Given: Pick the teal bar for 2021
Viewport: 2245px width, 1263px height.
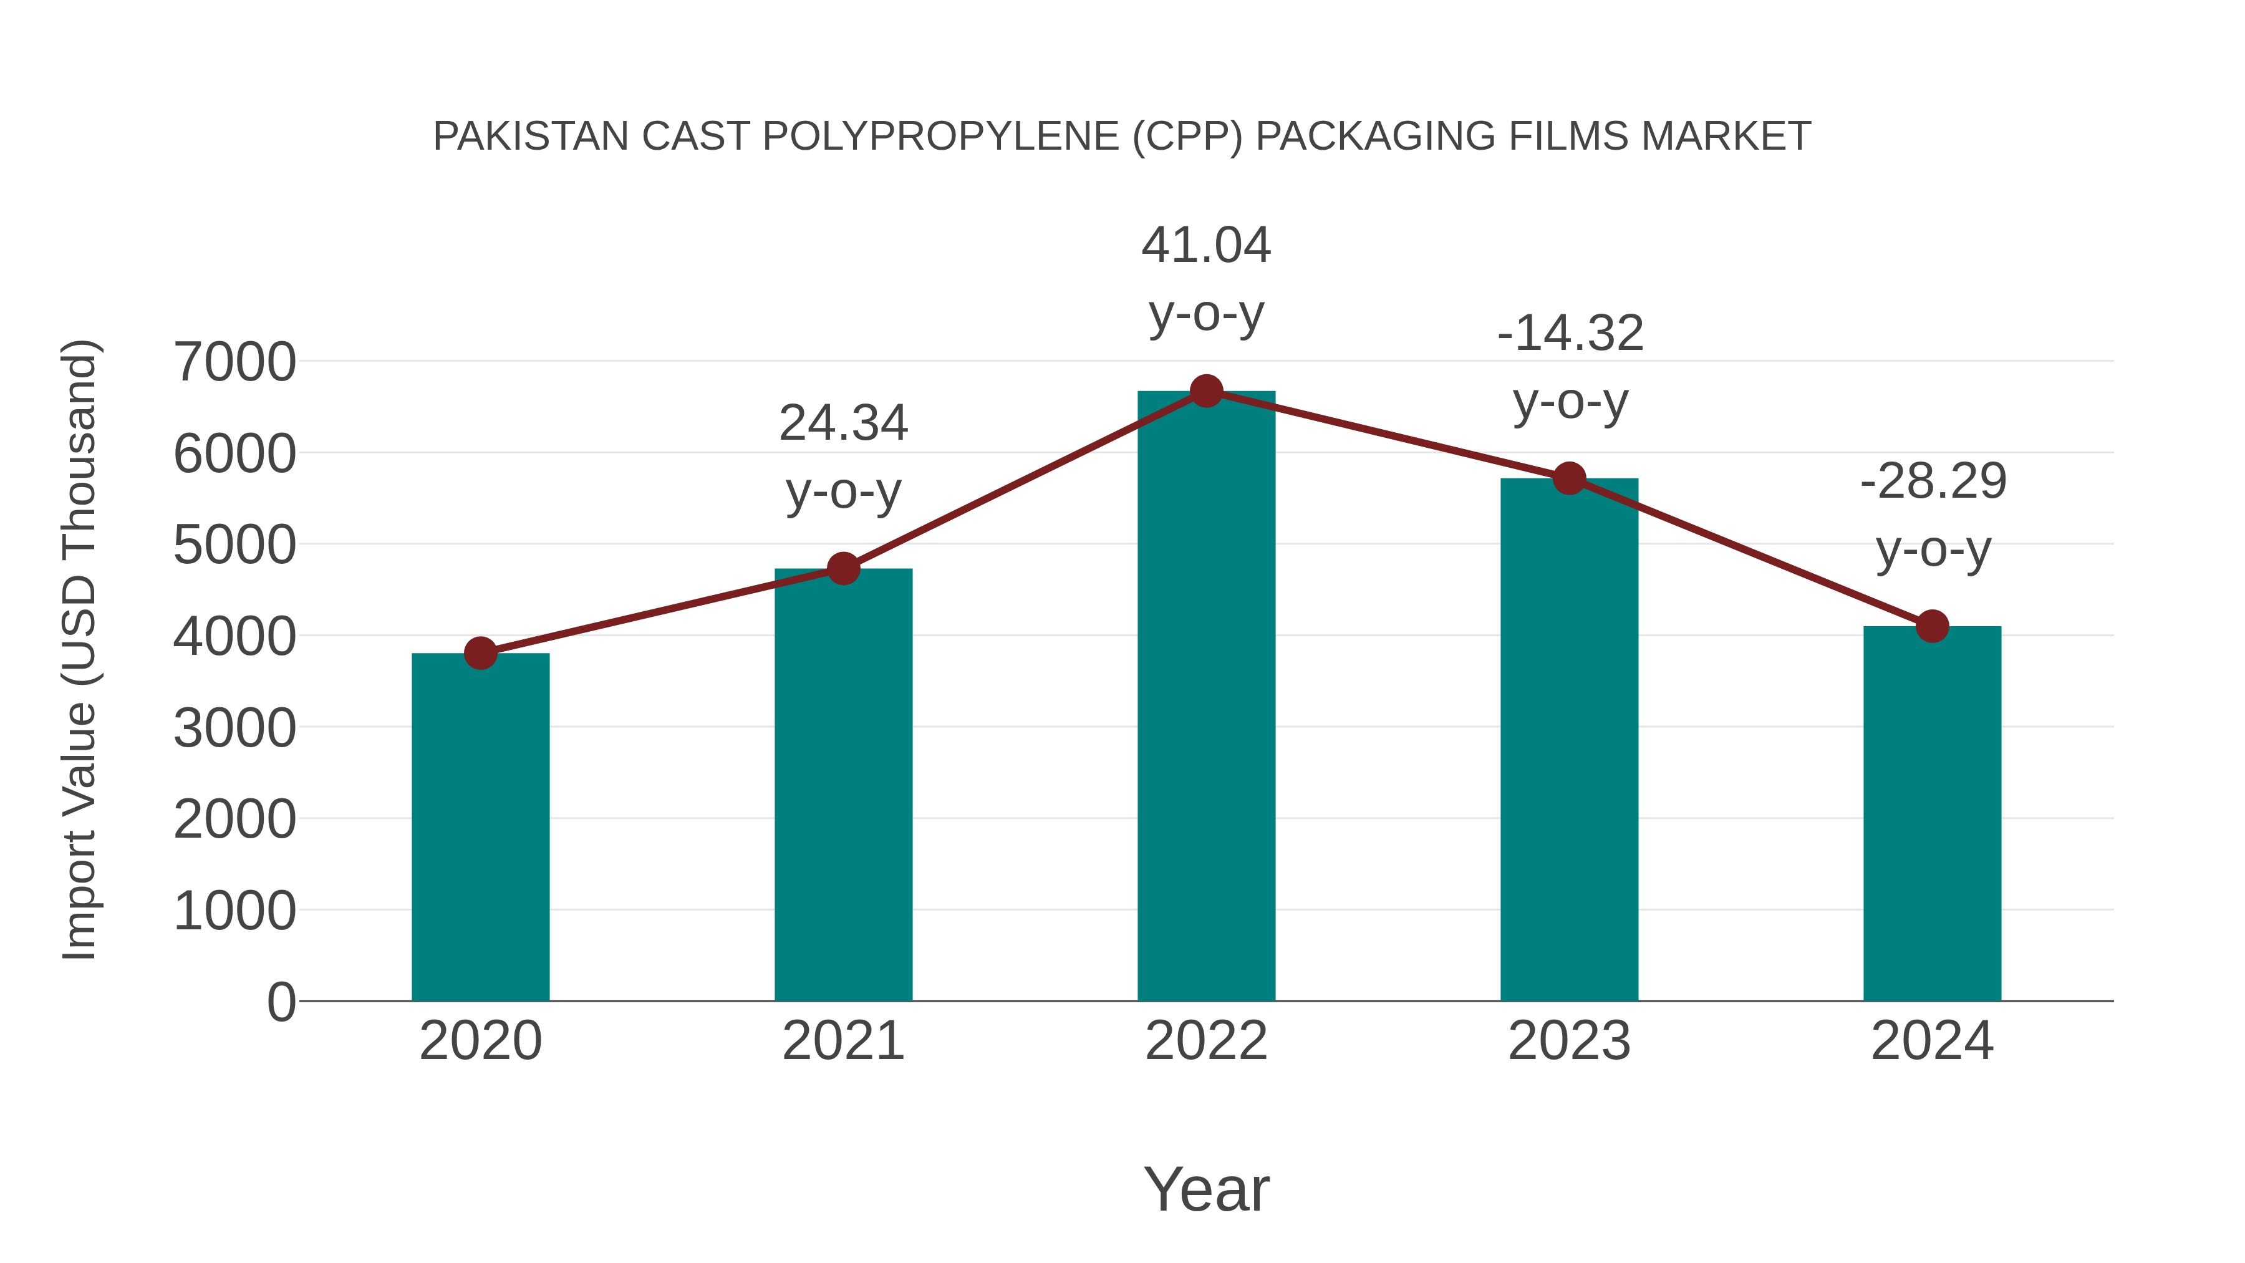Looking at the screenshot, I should click(842, 785).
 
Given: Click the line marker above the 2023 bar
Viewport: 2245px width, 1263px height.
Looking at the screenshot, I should click(1569, 478).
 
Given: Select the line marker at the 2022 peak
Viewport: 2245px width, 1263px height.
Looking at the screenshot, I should click(1206, 390).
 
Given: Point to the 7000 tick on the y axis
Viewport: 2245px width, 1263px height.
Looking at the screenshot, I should click(234, 362).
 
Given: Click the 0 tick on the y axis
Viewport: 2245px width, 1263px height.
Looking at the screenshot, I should click(281, 1002).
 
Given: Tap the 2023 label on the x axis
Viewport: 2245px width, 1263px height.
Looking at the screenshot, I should click(1569, 1041).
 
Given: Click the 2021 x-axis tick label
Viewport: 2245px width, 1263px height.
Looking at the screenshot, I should click(842, 1041).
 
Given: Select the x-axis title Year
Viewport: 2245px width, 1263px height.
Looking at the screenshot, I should click(1206, 1189).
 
